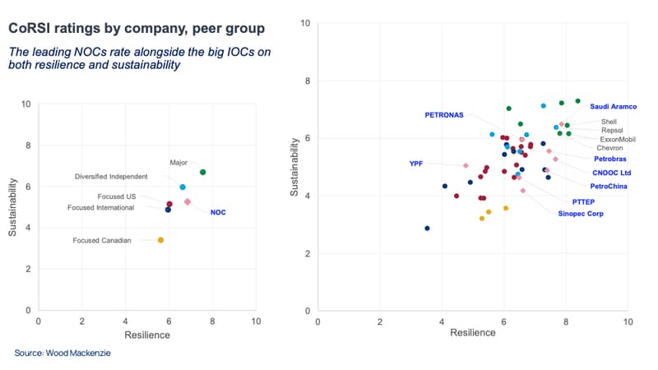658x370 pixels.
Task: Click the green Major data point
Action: [x=202, y=172]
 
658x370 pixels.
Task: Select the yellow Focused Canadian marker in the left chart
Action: [x=160, y=240]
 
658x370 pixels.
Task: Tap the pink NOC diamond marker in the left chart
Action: [x=188, y=201]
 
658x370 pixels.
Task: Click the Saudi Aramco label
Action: [x=613, y=107]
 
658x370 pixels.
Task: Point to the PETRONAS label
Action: [x=444, y=115]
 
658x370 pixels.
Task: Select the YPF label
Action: [x=416, y=164]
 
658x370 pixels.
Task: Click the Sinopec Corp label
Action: [x=581, y=214]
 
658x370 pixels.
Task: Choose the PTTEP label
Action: [x=583, y=201]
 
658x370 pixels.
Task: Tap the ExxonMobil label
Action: [x=618, y=139]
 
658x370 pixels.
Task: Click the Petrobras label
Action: [x=609, y=159]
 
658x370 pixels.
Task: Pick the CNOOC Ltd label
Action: [x=611, y=173]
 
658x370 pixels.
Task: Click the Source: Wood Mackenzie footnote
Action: [x=63, y=353]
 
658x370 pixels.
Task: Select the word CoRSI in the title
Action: [x=25, y=28]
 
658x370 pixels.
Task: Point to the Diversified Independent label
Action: [x=111, y=177]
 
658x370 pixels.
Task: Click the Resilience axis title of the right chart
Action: [x=472, y=333]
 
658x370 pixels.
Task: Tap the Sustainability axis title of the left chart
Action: [x=12, y=207]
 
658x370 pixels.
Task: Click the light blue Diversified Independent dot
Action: [x=183, y=187]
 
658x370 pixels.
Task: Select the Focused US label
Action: [x=117, y=197]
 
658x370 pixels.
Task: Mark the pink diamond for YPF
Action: [x=466, y=166]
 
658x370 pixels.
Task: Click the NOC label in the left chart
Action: [x=218, y=212]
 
